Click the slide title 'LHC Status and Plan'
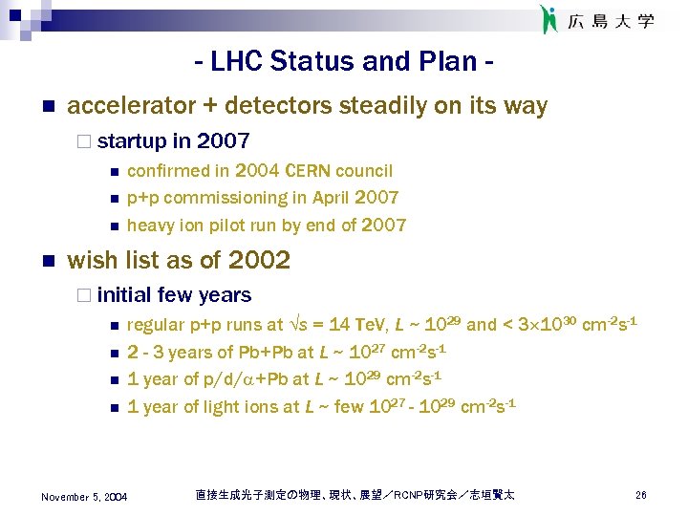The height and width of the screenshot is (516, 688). click(x=344, y=62)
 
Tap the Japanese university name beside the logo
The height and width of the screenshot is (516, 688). click(x=612, y=21)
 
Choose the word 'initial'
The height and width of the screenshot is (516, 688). click(x=124, y=295)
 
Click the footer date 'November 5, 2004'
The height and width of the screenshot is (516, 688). click(x=84, y=496)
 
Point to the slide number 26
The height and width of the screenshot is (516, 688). click(x=641, y=495)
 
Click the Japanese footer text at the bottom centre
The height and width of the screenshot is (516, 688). click(x=355, y=495)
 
